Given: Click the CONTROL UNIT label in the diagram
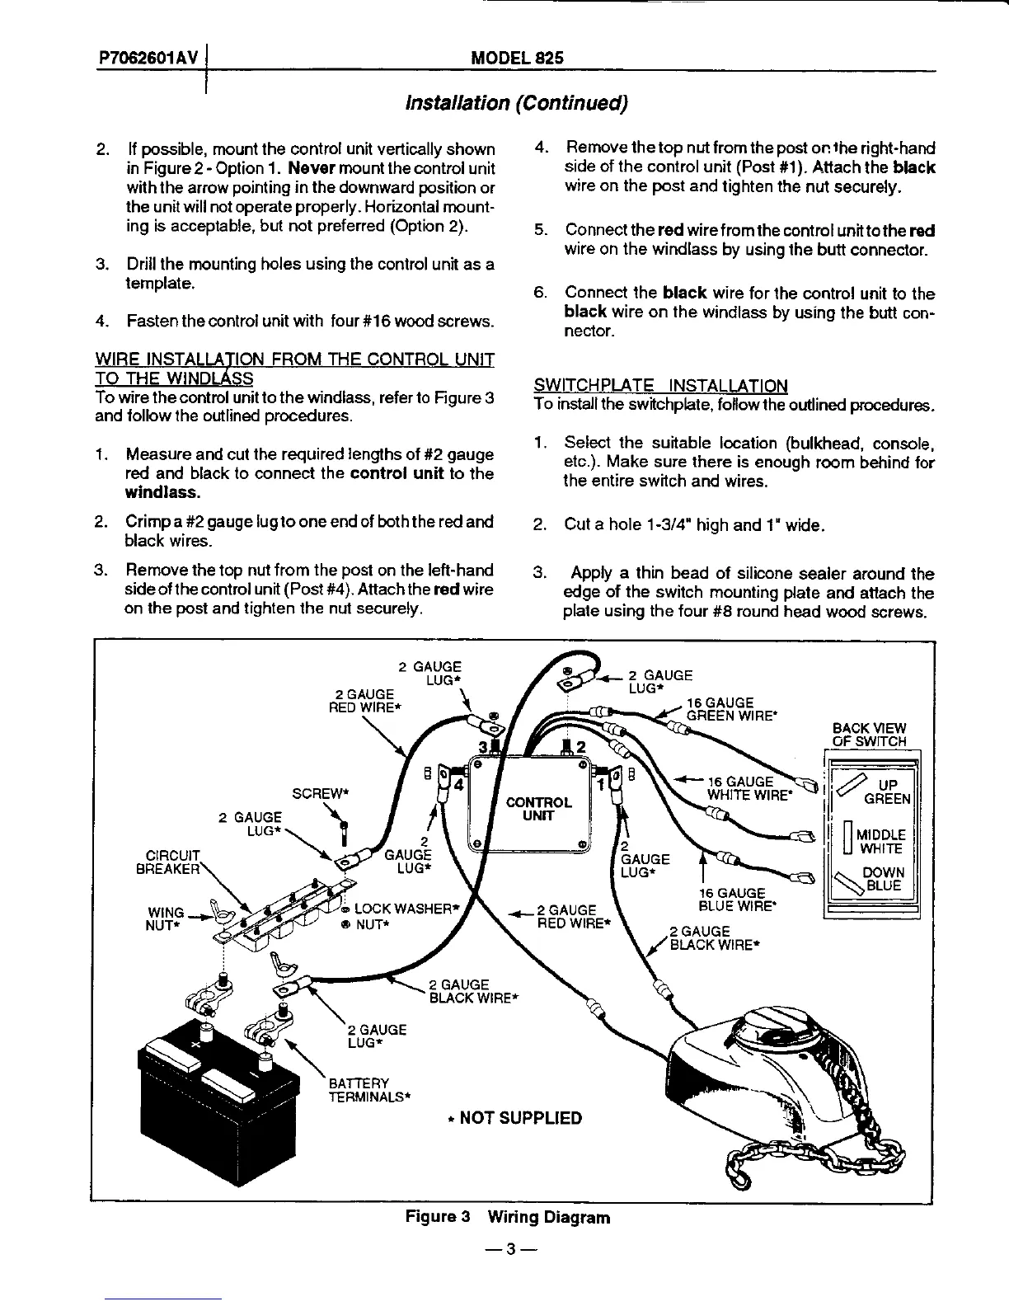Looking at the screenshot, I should pos(538,809).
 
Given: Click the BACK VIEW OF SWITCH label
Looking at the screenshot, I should pos(869,735).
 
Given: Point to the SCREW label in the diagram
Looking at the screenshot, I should pos(321,794).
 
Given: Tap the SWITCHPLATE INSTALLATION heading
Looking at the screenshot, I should pos(660,385).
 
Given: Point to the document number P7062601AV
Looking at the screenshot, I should pos(148,59).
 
